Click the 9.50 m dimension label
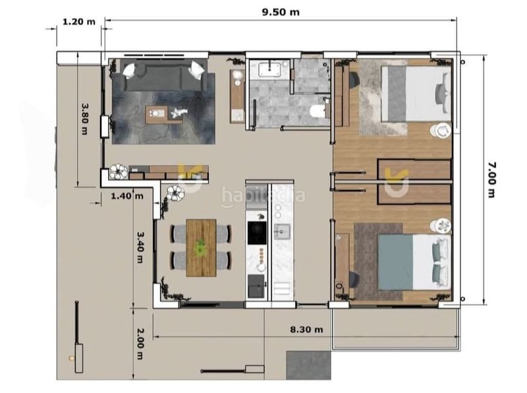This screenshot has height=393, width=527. tap(281, 12)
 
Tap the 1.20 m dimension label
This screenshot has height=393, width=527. tap(79, 22)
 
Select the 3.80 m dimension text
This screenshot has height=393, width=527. tap(85, 119)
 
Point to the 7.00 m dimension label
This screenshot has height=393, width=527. tap(491, 179)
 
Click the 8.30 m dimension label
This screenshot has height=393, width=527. tap(306, 330)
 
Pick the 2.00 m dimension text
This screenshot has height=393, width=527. tap(140, 344)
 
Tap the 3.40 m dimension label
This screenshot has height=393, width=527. tap(140, 247)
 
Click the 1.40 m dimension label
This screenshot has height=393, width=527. tap(127, 196)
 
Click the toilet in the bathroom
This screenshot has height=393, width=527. tap(317, 111)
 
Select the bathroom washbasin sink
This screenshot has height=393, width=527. tap(269, 69)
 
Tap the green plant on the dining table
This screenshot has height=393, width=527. tap(201, 247)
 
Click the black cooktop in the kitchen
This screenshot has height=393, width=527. tap(257, 233)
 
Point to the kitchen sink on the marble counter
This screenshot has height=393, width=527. tap(282, 231)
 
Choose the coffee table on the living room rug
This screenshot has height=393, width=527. tap(163, 114)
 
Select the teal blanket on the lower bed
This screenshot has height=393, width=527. tap(395, 262)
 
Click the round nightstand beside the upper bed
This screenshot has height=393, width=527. tap(441, 131)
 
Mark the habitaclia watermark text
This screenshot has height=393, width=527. tap(263, 195)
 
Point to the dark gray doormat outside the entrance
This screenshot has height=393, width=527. tap(308, 365)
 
